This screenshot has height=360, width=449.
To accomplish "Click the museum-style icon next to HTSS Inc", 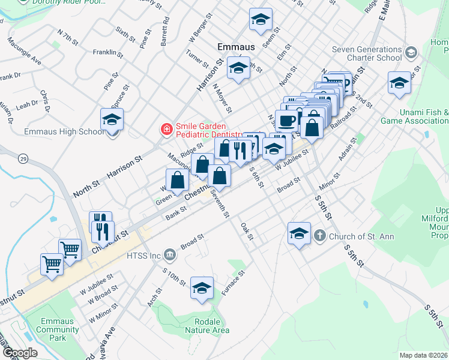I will coord(170,256).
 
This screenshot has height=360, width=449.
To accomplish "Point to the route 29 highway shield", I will coord(22,158).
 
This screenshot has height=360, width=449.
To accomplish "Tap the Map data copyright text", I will coord(424,355).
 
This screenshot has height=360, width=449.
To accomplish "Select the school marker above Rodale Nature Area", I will coord(202,288).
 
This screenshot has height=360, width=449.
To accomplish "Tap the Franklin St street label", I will coord(108,53).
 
